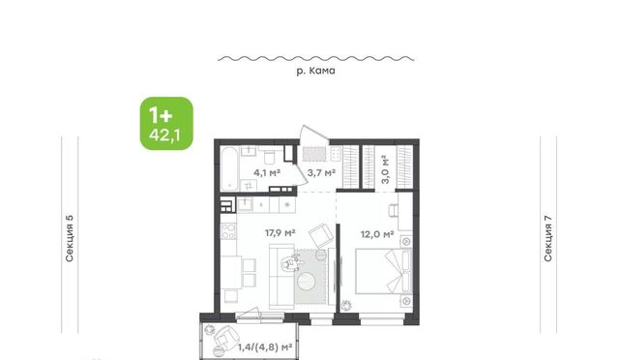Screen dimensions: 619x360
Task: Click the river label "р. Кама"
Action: [x=316, y=71]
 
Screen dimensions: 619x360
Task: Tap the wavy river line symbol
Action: [x=316, y=59]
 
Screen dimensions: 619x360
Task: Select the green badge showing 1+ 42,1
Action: [x=166, y=123]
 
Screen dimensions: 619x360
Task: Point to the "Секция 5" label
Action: [x=70, y=238]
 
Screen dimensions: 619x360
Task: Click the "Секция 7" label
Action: [x=548, y=238]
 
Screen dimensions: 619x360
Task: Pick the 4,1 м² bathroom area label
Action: [x=267, y=172]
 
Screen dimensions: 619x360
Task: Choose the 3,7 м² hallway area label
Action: [x=322, y=172]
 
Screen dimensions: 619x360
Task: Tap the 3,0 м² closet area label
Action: [x=385, y=169]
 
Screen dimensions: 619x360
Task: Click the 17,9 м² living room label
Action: [x=280, y=233]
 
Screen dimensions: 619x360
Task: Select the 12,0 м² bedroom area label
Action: [x=377, y=234]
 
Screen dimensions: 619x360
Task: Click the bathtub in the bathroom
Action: [x=229, y=168]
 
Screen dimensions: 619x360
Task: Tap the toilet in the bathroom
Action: [x=270, y=157]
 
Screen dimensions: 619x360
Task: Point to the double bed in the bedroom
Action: [x=383, y=271]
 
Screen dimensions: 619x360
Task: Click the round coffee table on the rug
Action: [x=307, y=281]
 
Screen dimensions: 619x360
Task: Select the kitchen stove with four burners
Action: [x=228, y=231]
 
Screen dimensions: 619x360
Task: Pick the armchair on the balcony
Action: [x=226, y=336]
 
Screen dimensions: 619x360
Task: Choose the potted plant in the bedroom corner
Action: [x=346, y=305]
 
